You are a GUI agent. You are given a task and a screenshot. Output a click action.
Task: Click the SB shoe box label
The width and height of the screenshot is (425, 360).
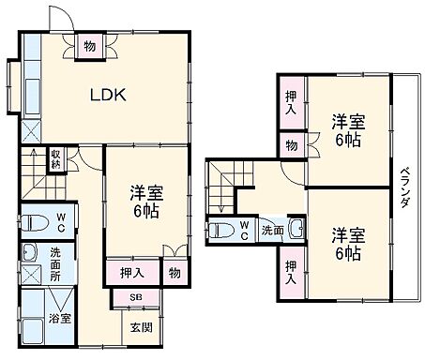click(136, 298)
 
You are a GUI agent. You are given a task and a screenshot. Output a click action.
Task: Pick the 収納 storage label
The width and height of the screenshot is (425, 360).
click(56, 157)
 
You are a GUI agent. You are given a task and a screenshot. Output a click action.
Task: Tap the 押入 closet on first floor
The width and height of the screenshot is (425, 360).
click(132, 274)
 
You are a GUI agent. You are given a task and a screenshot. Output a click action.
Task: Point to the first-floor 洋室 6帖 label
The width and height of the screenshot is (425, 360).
click(146, 202)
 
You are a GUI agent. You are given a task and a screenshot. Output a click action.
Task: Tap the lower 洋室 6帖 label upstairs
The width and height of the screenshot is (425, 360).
click(346, 243)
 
